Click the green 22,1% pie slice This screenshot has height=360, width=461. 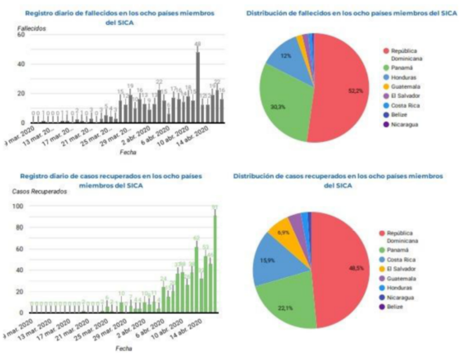coord(288,305)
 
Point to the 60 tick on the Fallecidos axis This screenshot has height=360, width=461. coord(21,35)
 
